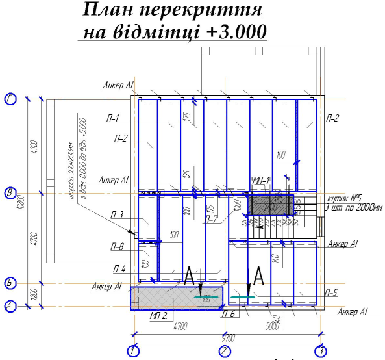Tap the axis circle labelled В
10,193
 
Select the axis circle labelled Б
10,283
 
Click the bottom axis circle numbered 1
133,352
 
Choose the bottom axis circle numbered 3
320,352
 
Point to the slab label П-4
119,268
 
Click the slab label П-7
211,219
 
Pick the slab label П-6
228,315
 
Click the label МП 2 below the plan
158,316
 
